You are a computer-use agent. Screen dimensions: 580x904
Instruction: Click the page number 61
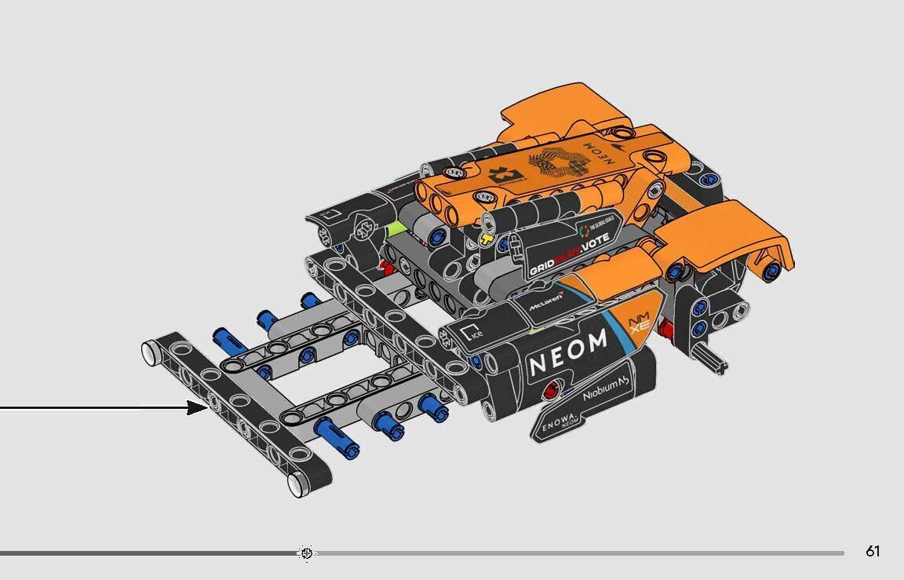[873, 552]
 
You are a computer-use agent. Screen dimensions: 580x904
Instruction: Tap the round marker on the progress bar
[306, 553]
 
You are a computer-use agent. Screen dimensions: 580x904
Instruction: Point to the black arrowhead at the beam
[198, 407]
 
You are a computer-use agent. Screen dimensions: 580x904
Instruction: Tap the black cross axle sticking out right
[720, 362]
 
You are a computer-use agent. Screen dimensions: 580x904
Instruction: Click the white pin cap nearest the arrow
[150, 351]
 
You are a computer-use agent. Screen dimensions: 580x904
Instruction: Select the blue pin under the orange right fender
[771, 272]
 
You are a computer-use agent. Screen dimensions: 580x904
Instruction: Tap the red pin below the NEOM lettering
[556, 387]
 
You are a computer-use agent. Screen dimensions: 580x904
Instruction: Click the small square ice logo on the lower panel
[472, 332]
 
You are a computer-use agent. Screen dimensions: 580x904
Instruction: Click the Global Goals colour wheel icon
[582, 229]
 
